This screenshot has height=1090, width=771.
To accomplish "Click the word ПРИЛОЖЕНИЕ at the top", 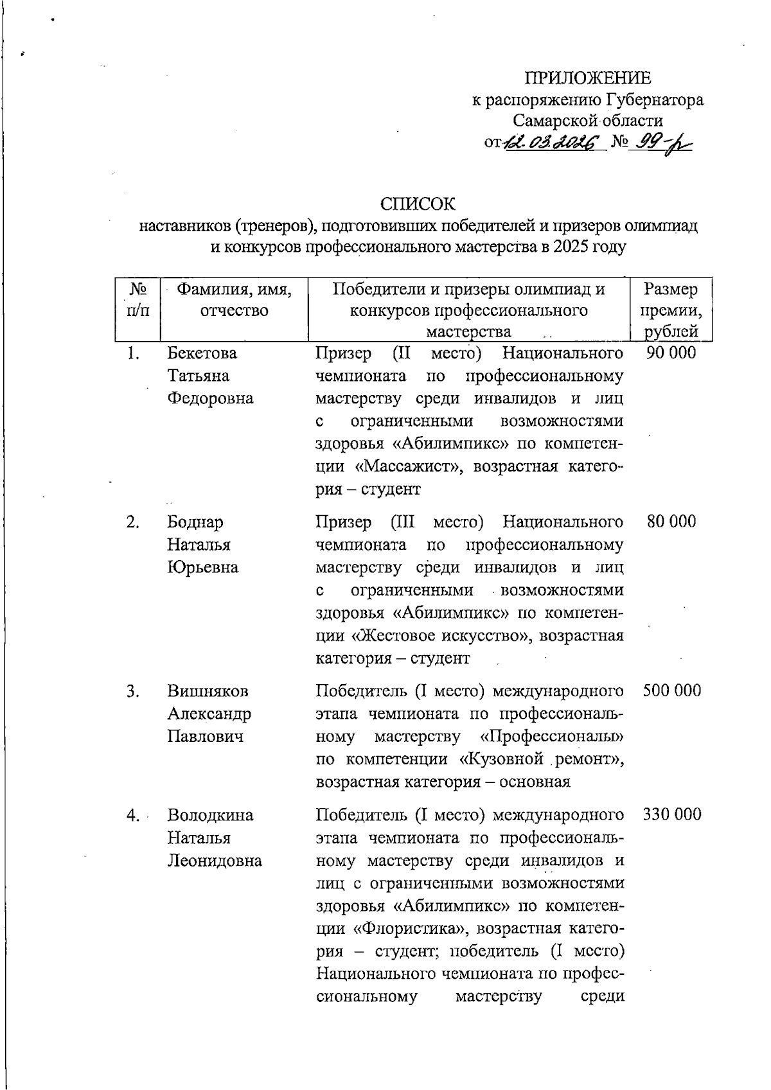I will click(588, 78).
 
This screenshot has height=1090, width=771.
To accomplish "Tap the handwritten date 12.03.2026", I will click(551, 142).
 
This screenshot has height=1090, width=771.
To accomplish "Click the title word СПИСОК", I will click(417, 204).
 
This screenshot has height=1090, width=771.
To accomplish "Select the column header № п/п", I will click(137, 301).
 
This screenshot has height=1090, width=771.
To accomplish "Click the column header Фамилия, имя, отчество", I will click(234, 301).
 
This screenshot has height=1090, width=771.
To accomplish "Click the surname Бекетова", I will click(202, 353).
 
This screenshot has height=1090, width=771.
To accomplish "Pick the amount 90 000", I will click(671, 353).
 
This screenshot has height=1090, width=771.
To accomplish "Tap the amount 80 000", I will click(671, 522).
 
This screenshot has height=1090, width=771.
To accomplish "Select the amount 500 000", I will click(671, 690).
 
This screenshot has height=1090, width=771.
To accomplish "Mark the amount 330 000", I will click(671, 814).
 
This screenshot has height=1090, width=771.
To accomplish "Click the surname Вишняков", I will click(208, 691).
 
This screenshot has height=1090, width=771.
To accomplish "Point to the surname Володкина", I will click(210, 815).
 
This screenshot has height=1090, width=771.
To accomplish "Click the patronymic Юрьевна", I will click(202, 567).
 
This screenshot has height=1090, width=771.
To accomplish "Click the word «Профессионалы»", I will click(552, 736).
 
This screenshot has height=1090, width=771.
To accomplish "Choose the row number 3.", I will click(133, 691).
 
